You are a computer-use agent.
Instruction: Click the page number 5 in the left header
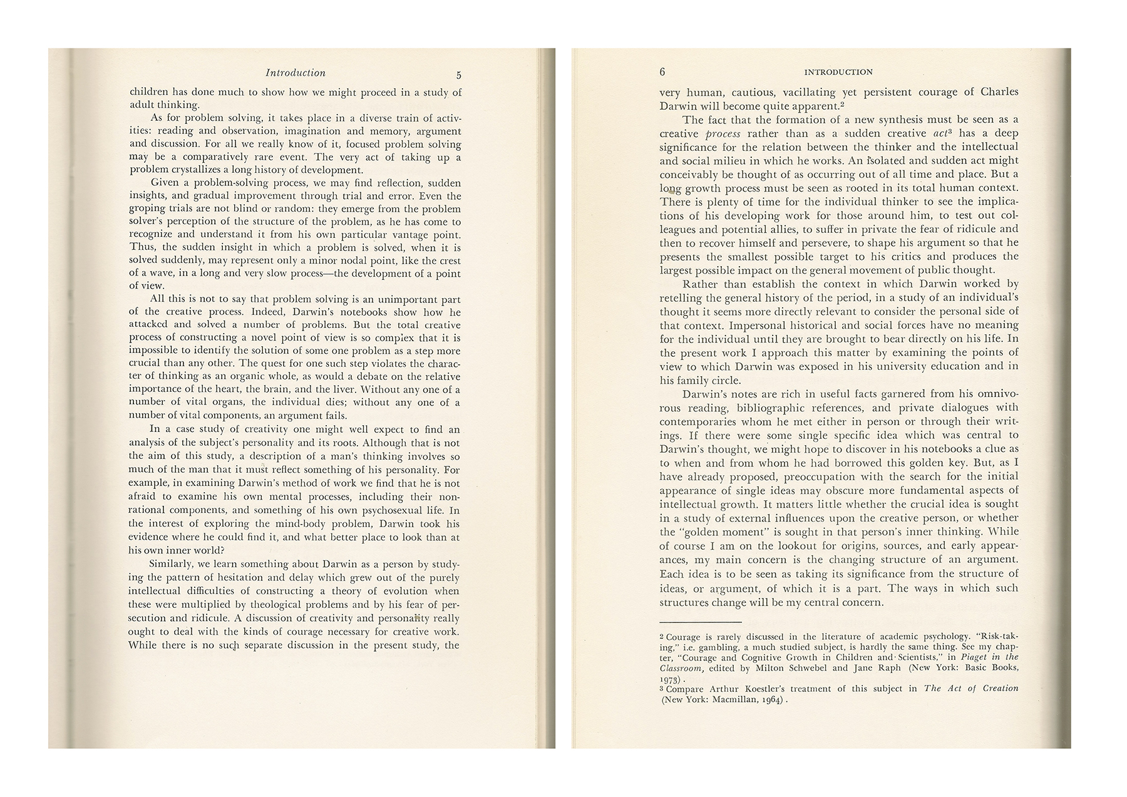(x=459, y=75)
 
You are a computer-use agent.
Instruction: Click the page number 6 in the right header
(x=662, y=72)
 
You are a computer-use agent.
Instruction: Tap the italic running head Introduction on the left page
(x=296, y=73)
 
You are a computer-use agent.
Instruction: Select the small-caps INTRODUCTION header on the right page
(x=838, y=72)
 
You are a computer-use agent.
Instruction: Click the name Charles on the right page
(x=999, y=92)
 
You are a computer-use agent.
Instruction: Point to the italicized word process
(x=723, y=133)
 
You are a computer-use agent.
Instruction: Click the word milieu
(x=721, y=161)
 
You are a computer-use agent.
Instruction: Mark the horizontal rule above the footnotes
(x=701, y=622)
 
